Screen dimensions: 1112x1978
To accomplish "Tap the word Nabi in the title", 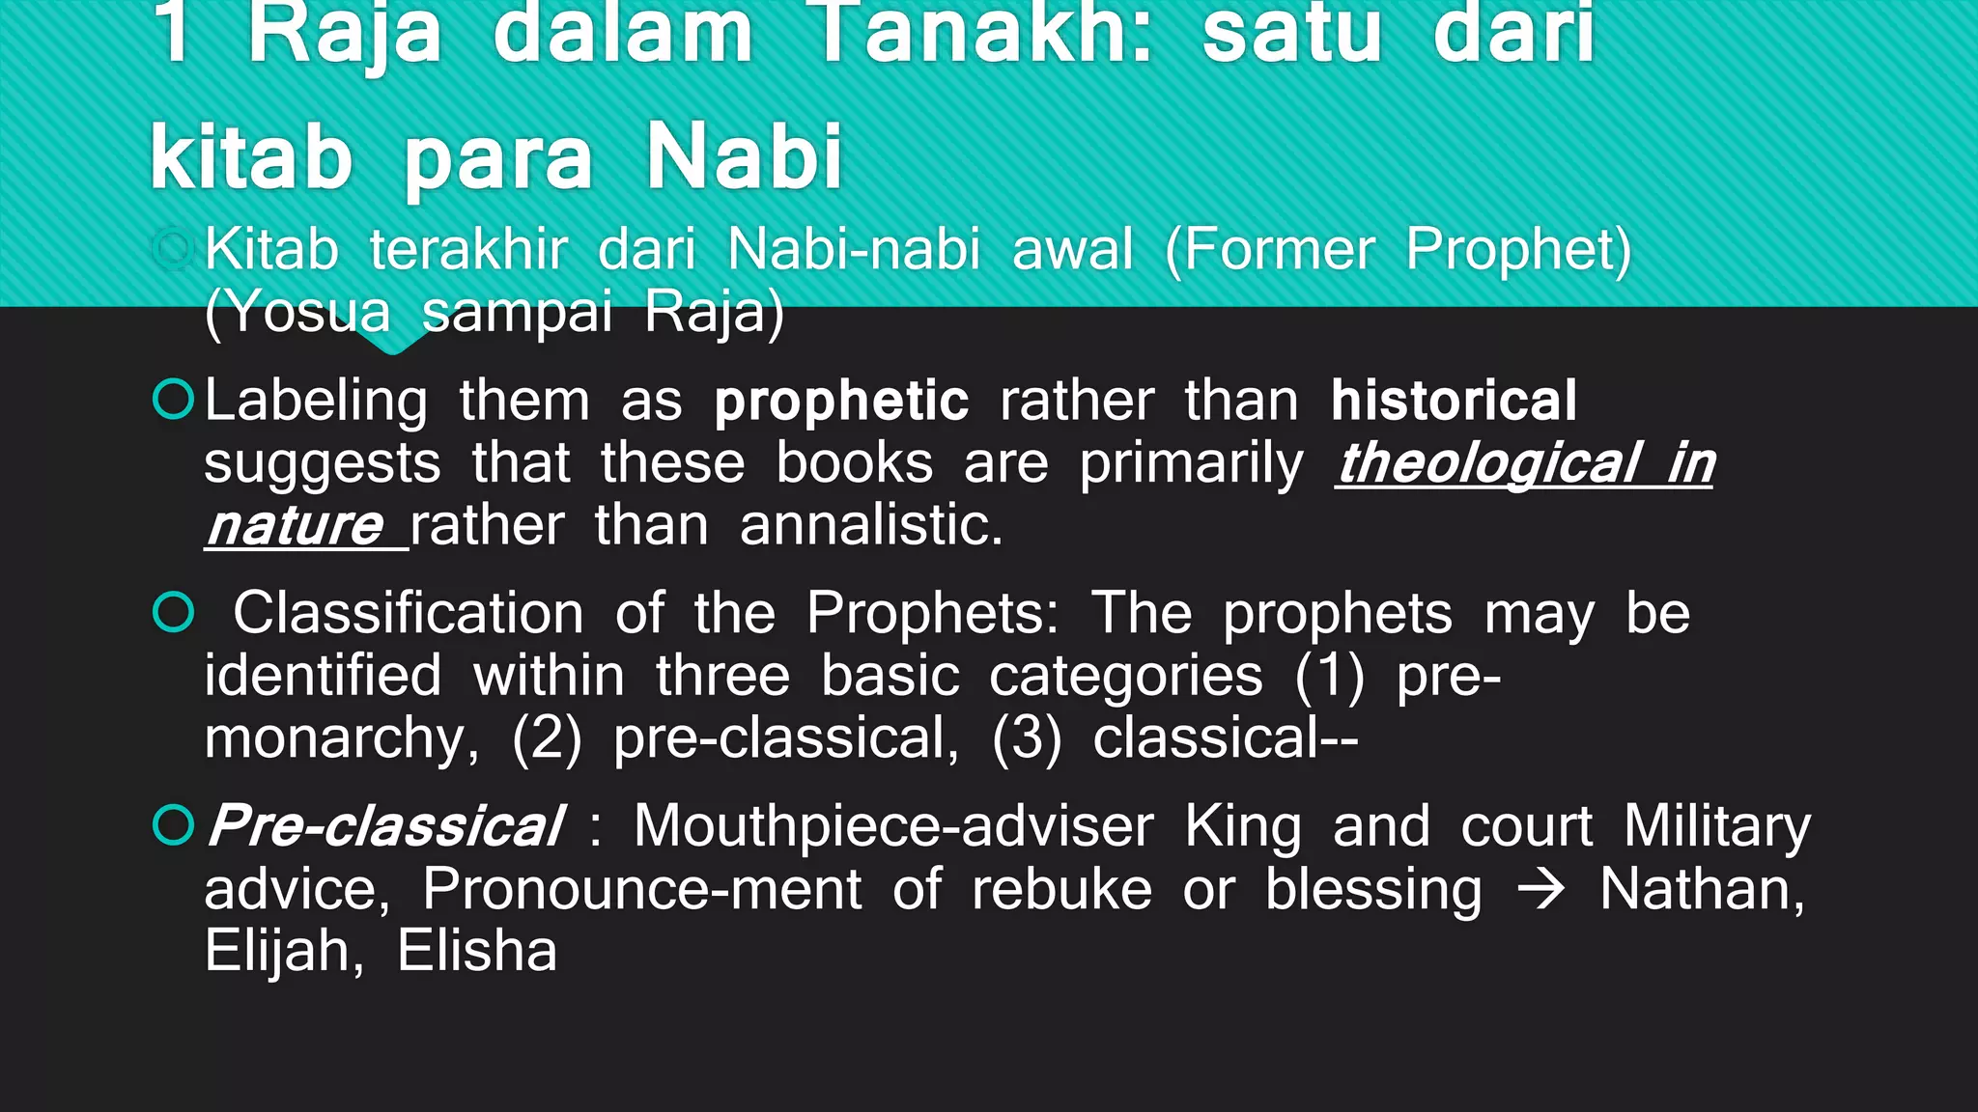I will point(745,156).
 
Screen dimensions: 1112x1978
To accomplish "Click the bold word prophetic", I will point(841,401).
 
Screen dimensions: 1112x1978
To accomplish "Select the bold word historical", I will point(1454,400).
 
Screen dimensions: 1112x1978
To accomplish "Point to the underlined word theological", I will point(1487,463).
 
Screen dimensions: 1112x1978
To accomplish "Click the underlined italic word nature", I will point(295,526).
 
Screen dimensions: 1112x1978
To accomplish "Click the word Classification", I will point(409,613).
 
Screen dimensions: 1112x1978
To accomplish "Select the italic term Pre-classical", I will point(384,826).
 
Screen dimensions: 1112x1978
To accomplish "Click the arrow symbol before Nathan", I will point(1540,889).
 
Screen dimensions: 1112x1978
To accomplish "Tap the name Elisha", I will point(477,951).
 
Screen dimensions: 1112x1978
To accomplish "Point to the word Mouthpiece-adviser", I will point(893,826).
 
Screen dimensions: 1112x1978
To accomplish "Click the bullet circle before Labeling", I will point(174,400).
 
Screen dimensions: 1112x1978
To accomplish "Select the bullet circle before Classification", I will point(174,612).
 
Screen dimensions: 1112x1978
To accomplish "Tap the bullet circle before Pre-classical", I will point(174,825).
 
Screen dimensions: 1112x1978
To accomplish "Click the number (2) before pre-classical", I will point(547,738).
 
